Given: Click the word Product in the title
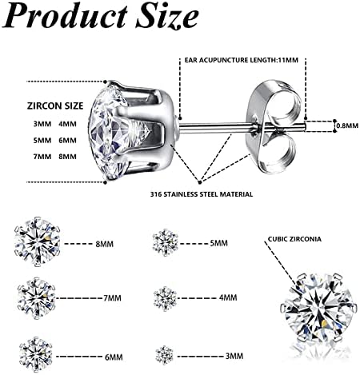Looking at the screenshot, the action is pos(66,15).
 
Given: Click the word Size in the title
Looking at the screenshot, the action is pos(167,15).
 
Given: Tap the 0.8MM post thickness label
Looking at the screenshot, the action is pos(347,126).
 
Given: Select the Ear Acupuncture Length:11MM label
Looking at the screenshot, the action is pos(242,60).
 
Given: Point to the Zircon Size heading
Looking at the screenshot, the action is pos(55,106).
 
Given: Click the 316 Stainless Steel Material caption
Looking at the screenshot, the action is pos(202,194).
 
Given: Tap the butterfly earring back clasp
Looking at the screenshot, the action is pos(274,126).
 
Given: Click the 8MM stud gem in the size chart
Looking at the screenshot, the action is pos(37,241).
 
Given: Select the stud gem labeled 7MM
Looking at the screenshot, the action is pos(37,298).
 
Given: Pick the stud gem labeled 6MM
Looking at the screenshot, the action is pos(36,354).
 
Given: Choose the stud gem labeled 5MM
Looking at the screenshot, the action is pos(166,242).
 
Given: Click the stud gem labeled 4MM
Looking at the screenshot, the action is pos(165,298).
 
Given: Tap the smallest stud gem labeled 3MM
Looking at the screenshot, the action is pos(165,355).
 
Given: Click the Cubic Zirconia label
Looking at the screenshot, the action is pos(294,239).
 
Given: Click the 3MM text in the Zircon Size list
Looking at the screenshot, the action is pos(42,124).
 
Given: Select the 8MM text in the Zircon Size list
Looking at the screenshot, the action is pos(67,157).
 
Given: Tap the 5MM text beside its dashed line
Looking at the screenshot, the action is pos(218,243).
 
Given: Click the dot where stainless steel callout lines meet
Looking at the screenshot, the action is pos(200,182).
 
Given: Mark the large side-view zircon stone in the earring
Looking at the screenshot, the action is pos(118,130).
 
